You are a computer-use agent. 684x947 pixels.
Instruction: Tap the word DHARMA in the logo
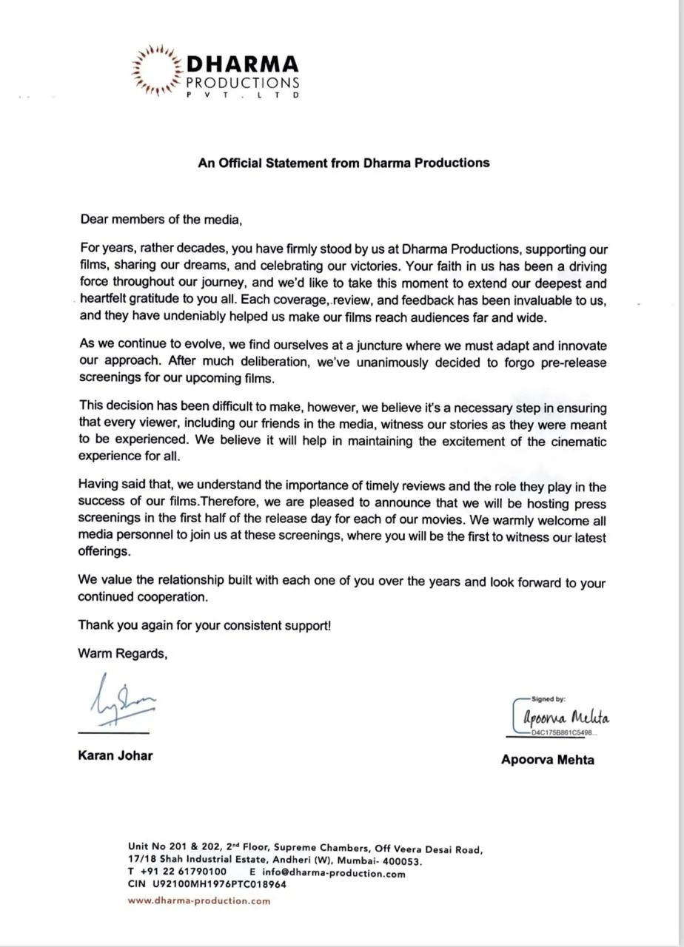click(243, 65)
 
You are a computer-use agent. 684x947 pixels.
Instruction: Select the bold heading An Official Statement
click(343, 163)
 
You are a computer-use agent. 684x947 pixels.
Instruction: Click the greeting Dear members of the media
click(161, 220)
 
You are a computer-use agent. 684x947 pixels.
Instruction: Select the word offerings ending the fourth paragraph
click(104, 552)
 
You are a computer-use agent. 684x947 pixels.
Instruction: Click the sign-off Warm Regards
click(123, 654)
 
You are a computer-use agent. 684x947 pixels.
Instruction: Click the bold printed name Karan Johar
click(115, 756)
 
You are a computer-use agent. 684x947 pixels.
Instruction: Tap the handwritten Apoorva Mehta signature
click(566, 717)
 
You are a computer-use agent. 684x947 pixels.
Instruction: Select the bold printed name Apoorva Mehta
click(548, 760)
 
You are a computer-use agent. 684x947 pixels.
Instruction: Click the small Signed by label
click(549, 698)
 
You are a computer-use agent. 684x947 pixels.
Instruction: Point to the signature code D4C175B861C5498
click(563, 733)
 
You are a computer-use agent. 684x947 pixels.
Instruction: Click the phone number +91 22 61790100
click(184, 872)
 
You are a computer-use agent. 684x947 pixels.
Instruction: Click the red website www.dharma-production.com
click(199, 901)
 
